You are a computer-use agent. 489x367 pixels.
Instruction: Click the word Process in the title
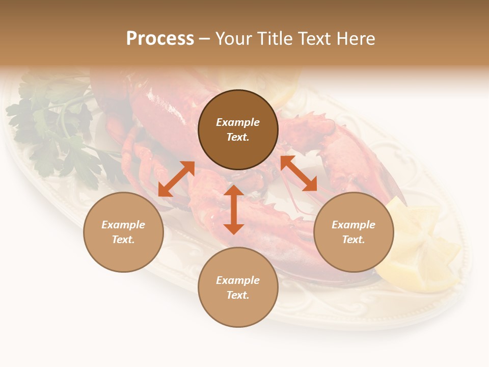[x=160, y=39]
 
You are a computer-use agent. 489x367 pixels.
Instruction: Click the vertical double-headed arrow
[x=234, y=209]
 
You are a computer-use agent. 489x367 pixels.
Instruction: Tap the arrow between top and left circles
[x=176, y=179]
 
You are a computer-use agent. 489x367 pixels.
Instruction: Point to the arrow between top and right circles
[x=298, y=173]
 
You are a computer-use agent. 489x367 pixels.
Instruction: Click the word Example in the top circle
[x=238, y=122]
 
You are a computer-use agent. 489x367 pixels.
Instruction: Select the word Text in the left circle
[x=123, y=240]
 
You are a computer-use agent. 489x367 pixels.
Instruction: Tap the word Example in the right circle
[x=354, y=225]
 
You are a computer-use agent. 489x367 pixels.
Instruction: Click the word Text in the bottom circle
[x=238, y=295]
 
